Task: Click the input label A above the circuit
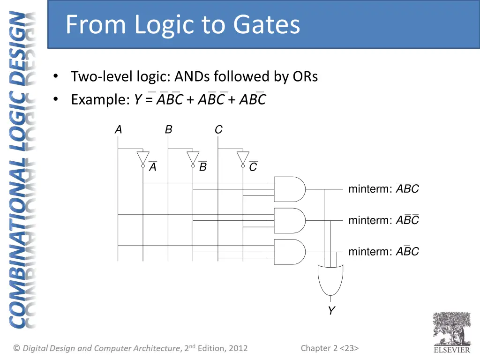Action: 118,130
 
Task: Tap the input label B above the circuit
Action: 168,130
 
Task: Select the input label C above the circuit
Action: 218,130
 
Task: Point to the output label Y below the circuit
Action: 331,311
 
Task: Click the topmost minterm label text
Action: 383,189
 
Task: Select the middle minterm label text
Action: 383,220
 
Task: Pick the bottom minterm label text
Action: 383,251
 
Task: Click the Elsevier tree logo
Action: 451,329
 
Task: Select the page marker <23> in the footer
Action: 349,348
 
